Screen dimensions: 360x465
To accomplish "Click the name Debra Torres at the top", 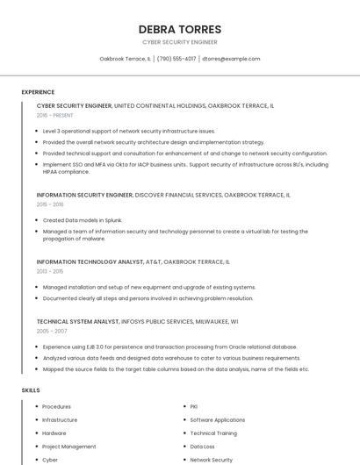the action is [x=180, y=29].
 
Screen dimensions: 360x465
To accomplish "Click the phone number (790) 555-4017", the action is [x=176, y=59].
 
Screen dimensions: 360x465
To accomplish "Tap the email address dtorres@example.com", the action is [x=231, y=59].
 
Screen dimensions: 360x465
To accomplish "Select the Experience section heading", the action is [x=38, y=92].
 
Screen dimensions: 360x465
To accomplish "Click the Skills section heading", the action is [x=31, y=390].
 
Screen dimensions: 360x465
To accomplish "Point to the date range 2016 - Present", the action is [x=54, y=115].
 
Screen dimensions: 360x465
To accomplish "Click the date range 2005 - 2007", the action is [x=51, y=331].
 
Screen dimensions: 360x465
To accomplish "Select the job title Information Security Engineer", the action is [x=84, y=195].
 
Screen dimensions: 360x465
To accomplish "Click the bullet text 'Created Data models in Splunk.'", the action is [x=83, y=220].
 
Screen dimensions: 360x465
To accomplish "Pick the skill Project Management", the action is [x=69, y=447].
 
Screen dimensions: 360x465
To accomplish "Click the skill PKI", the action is [x=194, y=407].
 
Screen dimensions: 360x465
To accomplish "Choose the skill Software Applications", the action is [x=218, y=420].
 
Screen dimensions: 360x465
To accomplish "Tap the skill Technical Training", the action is [x=213, y=433].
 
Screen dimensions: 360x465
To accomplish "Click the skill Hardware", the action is [x=54, y=433].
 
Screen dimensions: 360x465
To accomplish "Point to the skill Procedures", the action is [x=57, y=407].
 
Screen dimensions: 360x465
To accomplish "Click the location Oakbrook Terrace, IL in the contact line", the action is [x=125, y=59].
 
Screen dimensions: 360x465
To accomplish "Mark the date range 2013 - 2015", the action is [x=50, y=271].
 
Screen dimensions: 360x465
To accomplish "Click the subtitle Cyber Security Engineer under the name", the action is [x=180, y=42].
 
